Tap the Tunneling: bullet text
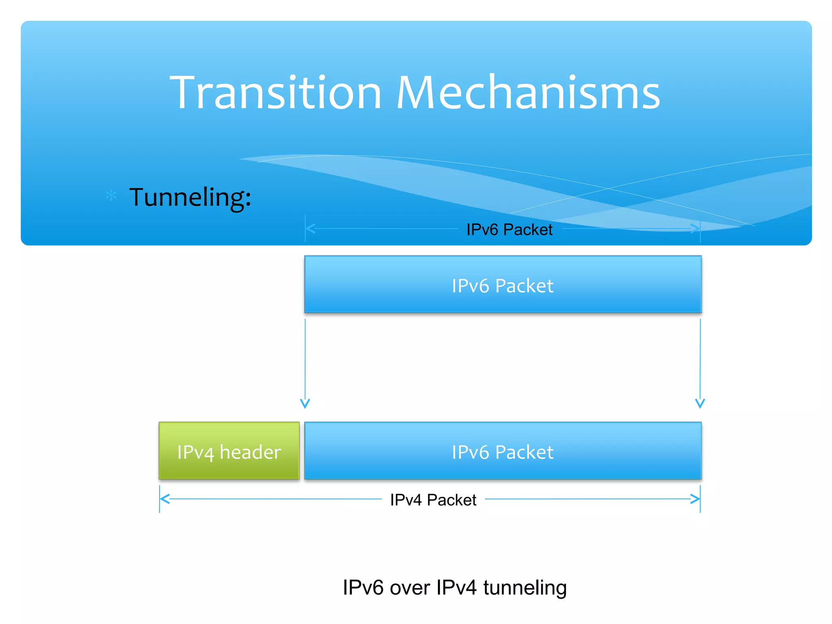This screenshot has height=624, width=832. (190, 197)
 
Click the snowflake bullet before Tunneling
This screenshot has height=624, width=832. (111, 195)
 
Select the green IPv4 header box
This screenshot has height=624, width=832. (229, 451)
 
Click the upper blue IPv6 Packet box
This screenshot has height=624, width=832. (503, 284)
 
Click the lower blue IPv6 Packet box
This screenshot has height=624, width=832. (503, 451)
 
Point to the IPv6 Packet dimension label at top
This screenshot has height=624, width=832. (509, 230)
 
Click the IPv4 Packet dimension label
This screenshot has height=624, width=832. (433, 500)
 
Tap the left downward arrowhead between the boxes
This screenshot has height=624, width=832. (305, 403)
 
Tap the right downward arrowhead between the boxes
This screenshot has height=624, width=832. (700, 403)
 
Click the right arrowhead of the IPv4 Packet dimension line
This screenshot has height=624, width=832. (695, 499)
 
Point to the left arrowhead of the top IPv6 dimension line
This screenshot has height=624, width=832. (310, 228)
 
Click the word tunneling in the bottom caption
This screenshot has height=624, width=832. (525, 588)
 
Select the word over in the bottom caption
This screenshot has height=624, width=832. (409, 588)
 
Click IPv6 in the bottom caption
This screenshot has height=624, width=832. (363, 588)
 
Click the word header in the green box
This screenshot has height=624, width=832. (250, 452)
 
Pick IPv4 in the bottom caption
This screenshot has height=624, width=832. (456, 588)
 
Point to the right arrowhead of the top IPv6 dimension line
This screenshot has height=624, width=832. (695, 228)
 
